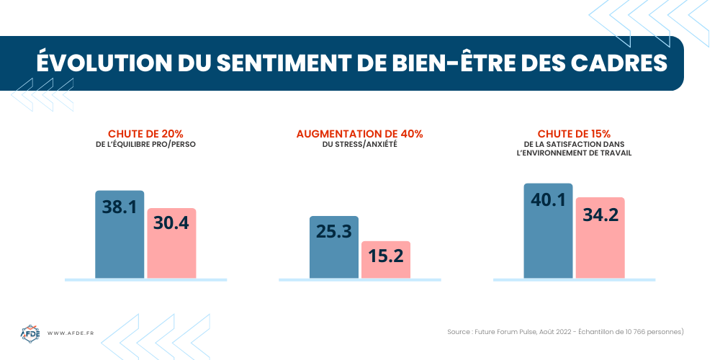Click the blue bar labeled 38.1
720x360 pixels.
pyautogui.click(x=120, y=234)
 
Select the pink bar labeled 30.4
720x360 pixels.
pyautogui.click(x=171, y=243)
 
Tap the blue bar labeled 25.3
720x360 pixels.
pyautogui.click(x=333, y=247)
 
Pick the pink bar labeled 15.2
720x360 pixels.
pyautogui.click(x=385, y=259)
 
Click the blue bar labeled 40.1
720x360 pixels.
pyautogui.click(x=548, y=230)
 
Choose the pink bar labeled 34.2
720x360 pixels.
pyautogui.click(x=600, y=238)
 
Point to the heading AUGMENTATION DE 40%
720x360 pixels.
pyautogui.click(x=359, y=134)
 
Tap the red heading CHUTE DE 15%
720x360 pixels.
pyautogui.click(x=574, y=134)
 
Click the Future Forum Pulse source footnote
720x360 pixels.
pyautogui.click(x=564, y=332)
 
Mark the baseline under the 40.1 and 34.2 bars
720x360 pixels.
pyautogui.click(x=574, y=279)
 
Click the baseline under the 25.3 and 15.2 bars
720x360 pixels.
pyautogui.click(x=359, y=279)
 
